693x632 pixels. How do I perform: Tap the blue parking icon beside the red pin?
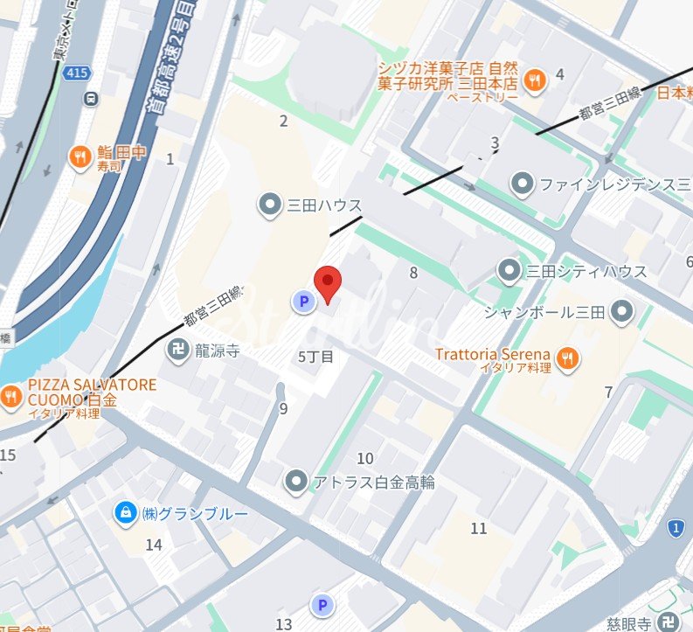(302, 302)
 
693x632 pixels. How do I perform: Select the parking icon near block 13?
(322, 605)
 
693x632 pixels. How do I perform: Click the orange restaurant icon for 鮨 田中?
(80, 156)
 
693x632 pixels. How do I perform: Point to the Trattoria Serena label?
(493, 355)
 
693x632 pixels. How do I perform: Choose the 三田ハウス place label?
(324, 205)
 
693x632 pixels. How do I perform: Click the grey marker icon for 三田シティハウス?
(509, 271)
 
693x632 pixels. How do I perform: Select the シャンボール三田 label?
(546, 311)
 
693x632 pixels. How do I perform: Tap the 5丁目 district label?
(316, 357)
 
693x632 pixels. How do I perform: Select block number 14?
(154, 545)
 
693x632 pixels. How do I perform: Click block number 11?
(478, 528)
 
